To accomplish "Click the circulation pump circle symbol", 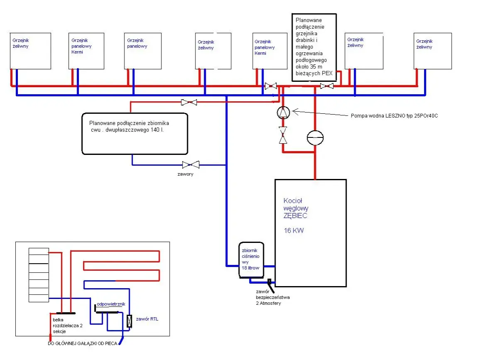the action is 283,113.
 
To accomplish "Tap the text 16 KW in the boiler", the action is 294,230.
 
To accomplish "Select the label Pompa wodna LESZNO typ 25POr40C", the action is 394,116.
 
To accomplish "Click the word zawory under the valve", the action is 185,174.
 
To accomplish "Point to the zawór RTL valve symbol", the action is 129,321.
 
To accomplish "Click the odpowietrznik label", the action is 111,304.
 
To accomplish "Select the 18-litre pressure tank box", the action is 251,260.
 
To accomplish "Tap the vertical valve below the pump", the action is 283,135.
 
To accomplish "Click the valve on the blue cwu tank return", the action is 190,165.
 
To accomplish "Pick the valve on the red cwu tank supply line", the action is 189,102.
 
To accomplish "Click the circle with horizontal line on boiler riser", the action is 315,137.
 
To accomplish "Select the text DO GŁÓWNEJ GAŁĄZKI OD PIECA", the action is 83,343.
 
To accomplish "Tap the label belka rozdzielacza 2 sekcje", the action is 68,326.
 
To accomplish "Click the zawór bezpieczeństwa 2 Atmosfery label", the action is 273,297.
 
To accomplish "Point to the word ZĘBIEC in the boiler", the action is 295,216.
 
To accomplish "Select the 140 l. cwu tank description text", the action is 129,126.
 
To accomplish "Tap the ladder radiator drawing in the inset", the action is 39,275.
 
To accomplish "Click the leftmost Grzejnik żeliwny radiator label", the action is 21,43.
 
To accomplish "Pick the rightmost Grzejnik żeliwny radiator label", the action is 424,44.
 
